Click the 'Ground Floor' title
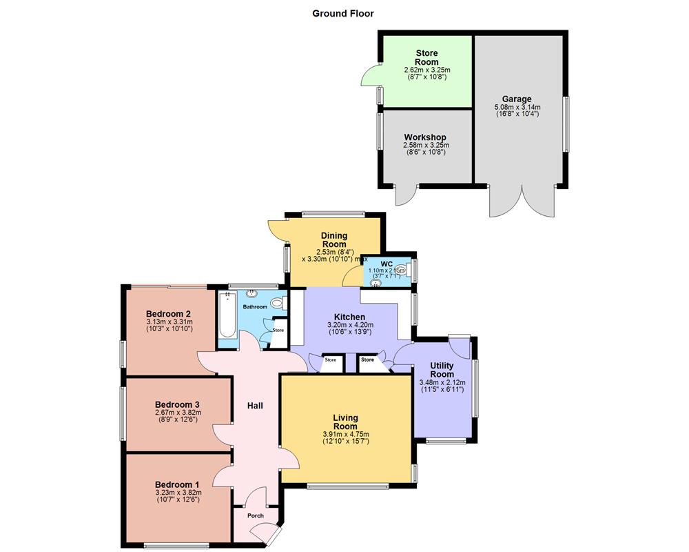pyautogui.click(x=343, y=13)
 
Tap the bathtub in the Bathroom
pyautogui.click(x=226, y=317)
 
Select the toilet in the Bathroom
pyautogui.click(x=278, y=302)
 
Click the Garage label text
pyautogui.click(x=516, y=99)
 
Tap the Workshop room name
pyautogui.click(x=425, y=137)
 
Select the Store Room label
pyautogui.click(x=426, y=57)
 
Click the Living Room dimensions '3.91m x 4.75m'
pyautogui.click(x=345, y=434)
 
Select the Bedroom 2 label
pyautogui.click(x=168, y=313)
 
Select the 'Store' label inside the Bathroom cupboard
pyautogui.click(x=278, y=331)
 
